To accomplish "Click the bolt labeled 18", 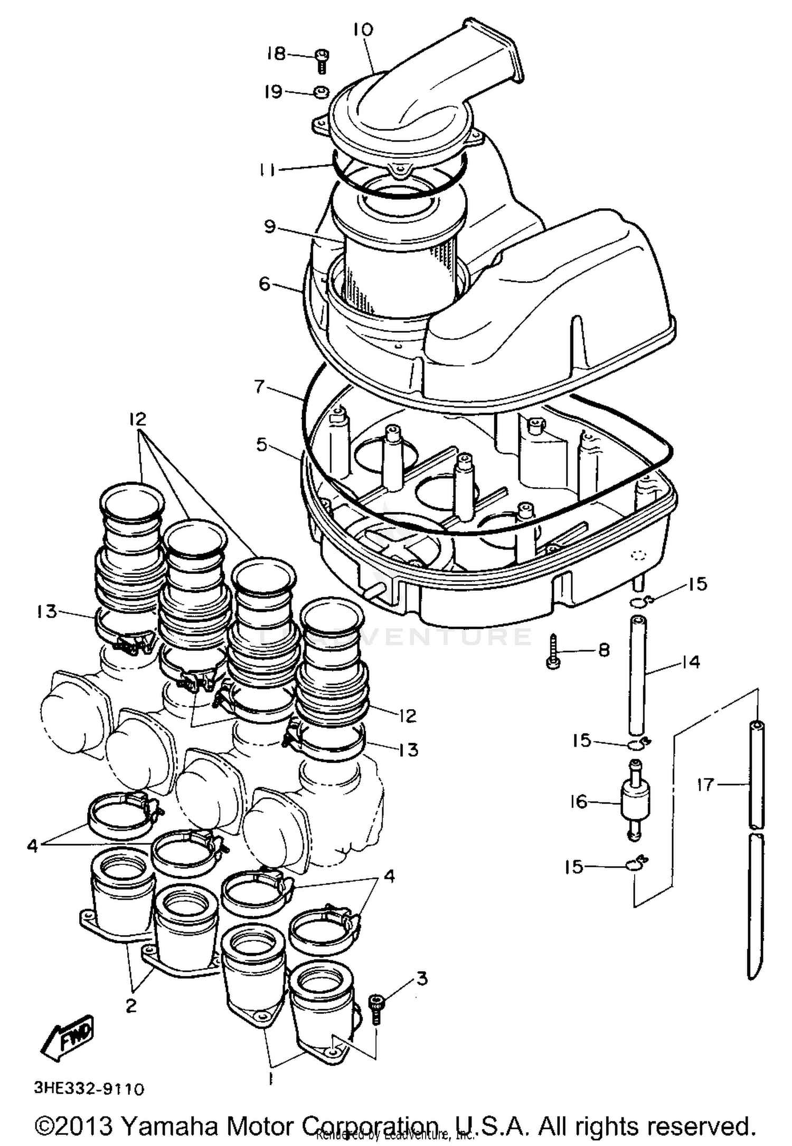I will [322, 59].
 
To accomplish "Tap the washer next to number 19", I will [320, 93].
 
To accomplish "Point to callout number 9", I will [270, 227].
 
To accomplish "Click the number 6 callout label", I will [265, 284].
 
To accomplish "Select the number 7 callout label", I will [259, 387].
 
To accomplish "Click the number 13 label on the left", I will [46, 612].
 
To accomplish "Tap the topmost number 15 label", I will [697, 584].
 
